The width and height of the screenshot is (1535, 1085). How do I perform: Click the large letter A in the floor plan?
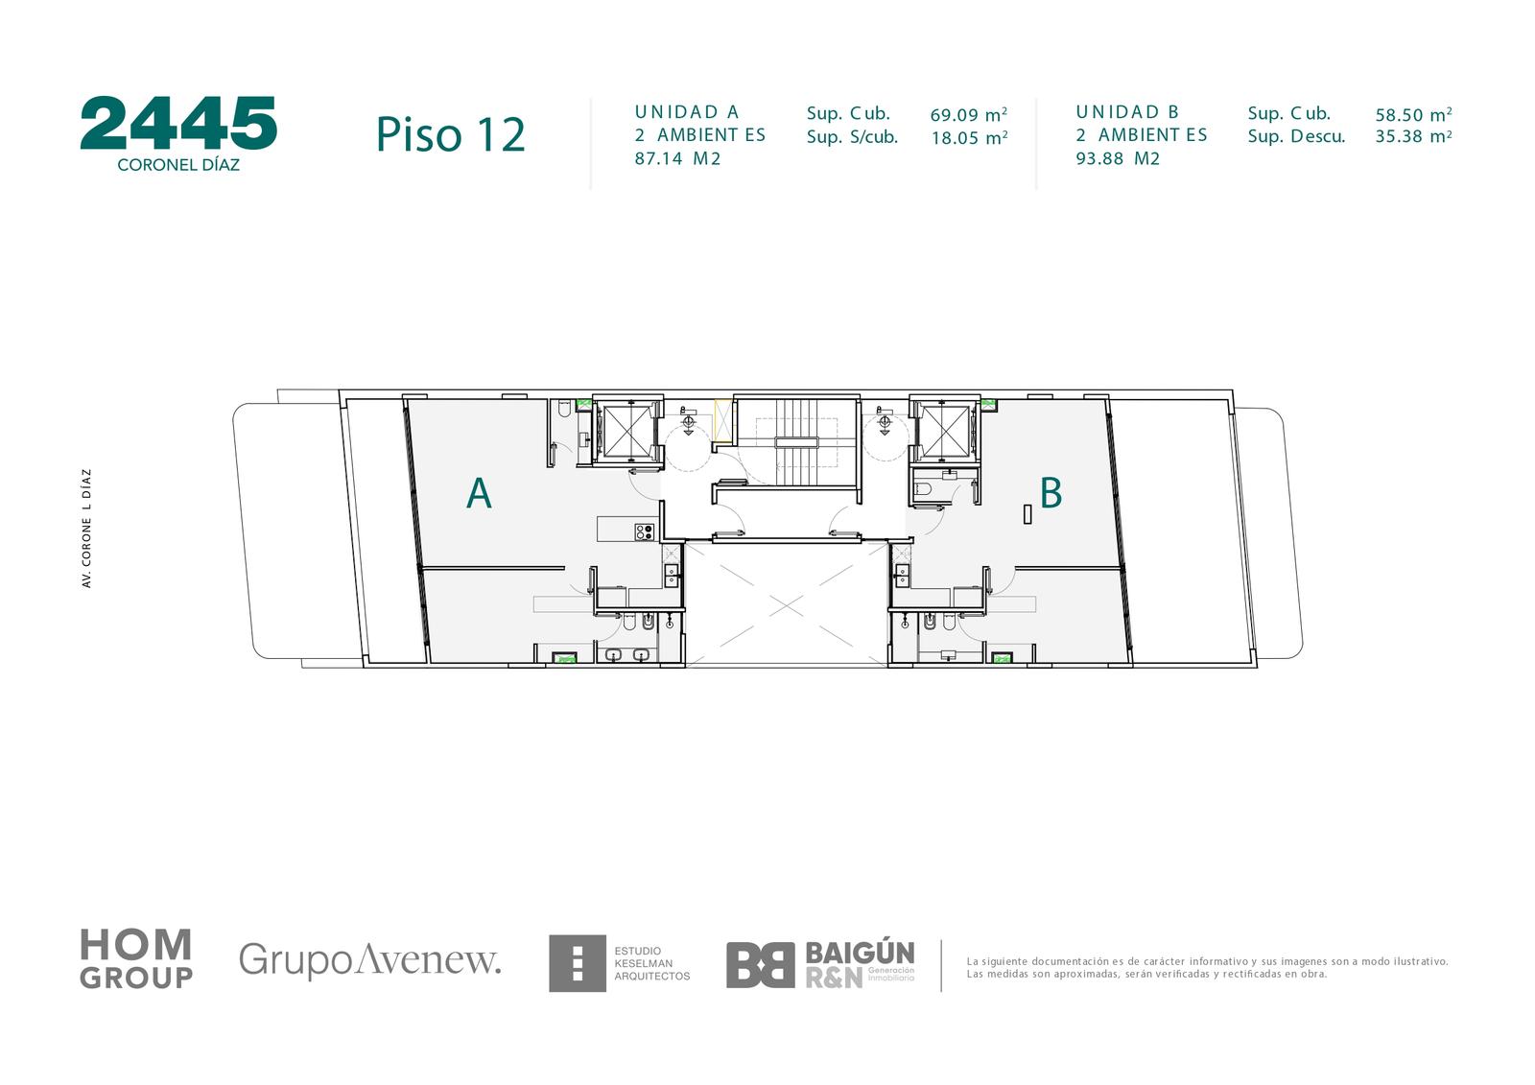point(479,493)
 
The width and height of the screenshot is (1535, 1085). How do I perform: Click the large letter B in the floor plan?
point(1051,492)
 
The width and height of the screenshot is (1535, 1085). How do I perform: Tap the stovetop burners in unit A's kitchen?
point(644,531)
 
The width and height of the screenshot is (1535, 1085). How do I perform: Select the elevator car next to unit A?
point(626,431)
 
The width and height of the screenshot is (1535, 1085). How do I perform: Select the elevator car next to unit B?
point(944,431)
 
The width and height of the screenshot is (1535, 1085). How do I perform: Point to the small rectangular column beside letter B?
point(1027,514)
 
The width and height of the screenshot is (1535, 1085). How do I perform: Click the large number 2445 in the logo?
point(178,123)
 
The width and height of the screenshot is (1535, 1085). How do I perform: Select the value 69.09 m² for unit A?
point(968,114)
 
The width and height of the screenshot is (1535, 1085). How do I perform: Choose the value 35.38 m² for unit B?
point(1413,135)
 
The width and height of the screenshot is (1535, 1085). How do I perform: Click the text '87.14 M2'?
point(677,158)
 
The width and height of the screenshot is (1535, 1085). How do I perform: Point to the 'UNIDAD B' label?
point(1126,111)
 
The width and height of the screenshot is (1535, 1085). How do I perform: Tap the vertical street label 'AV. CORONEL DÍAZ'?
point(86,528)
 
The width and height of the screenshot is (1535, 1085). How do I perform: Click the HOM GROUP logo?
point(136,959)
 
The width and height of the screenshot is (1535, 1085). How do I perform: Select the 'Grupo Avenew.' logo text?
point(369,959)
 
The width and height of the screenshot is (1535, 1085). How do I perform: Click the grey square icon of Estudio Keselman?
point(577,963)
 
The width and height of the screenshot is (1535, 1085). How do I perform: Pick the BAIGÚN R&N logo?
point(820,964)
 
